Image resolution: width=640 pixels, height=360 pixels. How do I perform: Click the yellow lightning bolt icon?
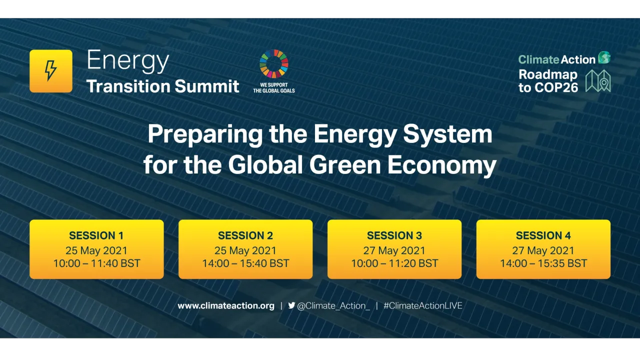[50, 71]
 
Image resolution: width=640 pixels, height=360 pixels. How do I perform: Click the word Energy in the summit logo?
[127, 61]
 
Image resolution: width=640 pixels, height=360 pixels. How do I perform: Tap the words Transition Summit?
[162, 86]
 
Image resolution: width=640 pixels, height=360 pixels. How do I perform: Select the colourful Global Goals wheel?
[273, 64]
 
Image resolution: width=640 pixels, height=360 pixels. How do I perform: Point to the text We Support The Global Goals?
[273, 88]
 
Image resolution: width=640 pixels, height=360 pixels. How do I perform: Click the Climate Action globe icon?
[604, 58]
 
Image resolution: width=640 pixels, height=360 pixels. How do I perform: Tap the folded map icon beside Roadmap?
[598, 81]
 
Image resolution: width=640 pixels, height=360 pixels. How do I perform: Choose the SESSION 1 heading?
[96, 235]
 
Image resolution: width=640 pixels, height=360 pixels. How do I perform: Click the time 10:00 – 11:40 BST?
[96, 263]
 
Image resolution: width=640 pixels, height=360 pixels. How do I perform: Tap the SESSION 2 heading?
[245, 235]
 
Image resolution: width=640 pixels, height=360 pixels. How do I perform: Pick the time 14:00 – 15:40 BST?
[245, 263]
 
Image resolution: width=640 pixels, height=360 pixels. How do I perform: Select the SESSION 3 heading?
[394, 235]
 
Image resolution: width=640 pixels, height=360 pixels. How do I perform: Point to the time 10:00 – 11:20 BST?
[394, 263]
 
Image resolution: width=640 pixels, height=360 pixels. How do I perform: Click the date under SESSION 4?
[543, 250]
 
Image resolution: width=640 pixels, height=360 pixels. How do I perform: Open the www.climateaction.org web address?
[226, 305]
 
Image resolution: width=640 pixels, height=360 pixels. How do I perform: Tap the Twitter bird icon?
[291, 305]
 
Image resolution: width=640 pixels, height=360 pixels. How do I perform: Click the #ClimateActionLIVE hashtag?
[422, 305]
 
